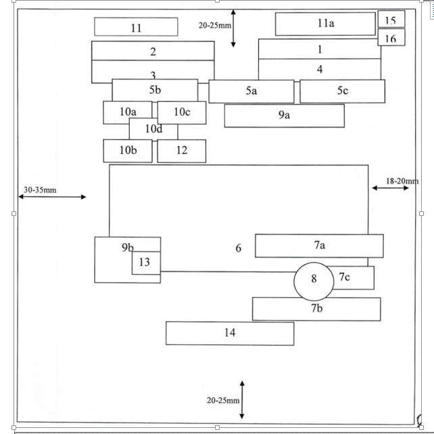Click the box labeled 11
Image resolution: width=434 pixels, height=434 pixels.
tap(136, 27)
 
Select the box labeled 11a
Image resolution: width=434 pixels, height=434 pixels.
tap(325, 24)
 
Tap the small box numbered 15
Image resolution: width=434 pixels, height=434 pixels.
tap(391, 20)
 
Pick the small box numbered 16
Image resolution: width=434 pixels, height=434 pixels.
tap(391, 38)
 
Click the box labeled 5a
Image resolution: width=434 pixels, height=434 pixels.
tap(251, 91)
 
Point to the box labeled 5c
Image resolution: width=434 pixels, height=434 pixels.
tap(342, 91)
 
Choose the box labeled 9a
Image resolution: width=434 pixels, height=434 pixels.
tap(284, 115)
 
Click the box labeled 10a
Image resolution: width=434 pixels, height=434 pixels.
tap(127, 112)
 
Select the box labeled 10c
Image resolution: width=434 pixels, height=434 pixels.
tap(182, 112)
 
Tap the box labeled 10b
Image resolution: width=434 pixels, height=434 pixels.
tap(128, 151)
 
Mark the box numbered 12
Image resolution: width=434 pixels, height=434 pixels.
tap(181, 151)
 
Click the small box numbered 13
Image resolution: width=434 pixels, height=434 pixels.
tap(145, 263)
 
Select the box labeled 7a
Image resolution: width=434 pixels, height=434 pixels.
tap(319, 246)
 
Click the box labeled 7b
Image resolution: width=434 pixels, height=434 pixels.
tap(316, 309)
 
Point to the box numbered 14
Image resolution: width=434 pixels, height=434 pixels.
tap(230, 333)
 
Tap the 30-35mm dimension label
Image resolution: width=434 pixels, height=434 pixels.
tap(41, 190)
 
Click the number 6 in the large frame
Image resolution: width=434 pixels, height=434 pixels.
tap(239, 248)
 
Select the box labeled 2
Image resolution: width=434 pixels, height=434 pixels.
tap(153, 51)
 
